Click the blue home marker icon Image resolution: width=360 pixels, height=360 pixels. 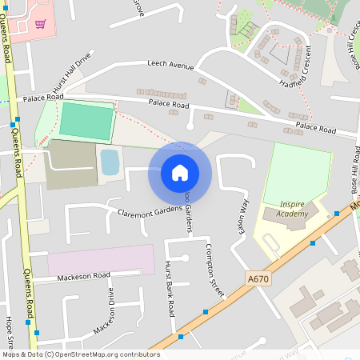click(180, 172)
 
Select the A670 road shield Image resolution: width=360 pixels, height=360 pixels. click(256, 278)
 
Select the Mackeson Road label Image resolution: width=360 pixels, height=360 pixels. click(83, 276)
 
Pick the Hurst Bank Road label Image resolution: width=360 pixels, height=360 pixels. click(169, 285)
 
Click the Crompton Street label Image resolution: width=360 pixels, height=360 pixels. click(214, 269)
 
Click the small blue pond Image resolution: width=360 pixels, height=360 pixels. click(110, 162)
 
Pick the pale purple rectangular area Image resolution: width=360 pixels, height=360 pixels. click(101, 259)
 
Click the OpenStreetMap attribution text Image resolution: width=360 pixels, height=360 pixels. click(80, 354)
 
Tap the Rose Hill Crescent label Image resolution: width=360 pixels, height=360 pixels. click(353, 44)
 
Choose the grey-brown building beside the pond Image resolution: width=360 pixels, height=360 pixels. click(70, 165)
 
